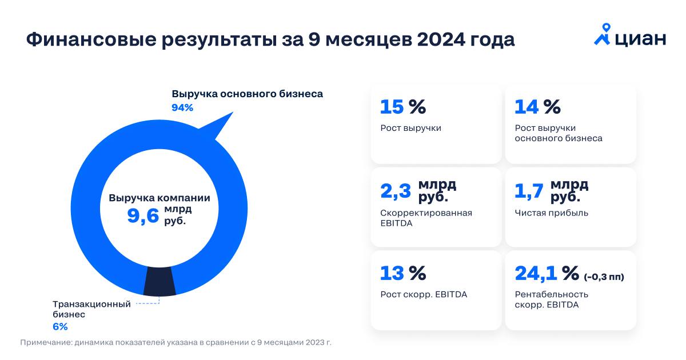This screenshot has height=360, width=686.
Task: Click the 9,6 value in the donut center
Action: (x=142, y=216)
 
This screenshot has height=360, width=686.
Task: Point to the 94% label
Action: (x=182, y=107)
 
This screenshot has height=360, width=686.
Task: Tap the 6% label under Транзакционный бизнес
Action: (x=60, y=326)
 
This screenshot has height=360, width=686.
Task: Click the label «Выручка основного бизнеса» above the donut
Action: (x=247, y=94)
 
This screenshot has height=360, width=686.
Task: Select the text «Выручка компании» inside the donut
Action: (x=159, y=198)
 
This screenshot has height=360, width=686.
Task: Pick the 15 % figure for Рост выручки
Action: (x=403, y=107)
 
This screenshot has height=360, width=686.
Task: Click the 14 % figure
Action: (x=537, y=107)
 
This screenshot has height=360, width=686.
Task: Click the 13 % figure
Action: (x=403, y=273)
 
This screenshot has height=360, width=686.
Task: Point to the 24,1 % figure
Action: (x=547, y=273)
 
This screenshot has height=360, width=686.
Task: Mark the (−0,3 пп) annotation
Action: (x=604, y=277)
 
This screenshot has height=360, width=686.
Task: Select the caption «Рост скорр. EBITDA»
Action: (x=424, y=294)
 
